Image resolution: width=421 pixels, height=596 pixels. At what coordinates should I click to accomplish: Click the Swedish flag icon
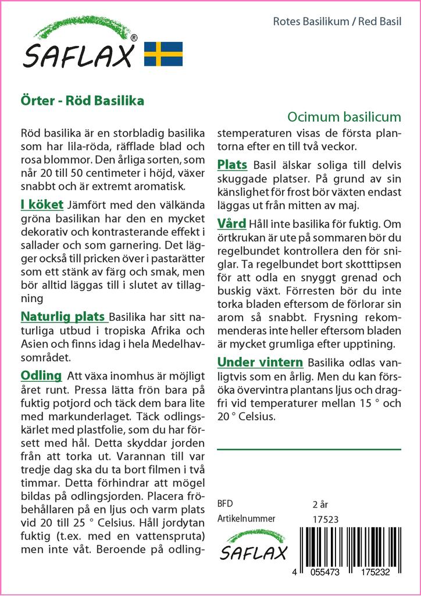point(163,54)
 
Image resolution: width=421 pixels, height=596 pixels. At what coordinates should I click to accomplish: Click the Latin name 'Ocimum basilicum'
point(344,116)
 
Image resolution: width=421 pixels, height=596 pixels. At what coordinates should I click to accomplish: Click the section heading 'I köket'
point(42,205)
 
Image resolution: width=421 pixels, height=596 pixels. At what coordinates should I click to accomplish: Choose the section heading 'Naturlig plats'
point(63,317)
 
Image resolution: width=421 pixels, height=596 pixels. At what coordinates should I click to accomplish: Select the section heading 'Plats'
point(232,165)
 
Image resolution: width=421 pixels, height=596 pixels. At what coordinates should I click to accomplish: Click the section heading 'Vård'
point(231,223)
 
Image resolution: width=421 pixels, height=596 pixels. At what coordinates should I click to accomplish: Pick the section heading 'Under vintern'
point(260,362)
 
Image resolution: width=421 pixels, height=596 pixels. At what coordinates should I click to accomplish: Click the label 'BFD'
point(225,503)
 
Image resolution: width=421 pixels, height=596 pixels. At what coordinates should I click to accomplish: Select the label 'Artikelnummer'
point(246,519)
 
